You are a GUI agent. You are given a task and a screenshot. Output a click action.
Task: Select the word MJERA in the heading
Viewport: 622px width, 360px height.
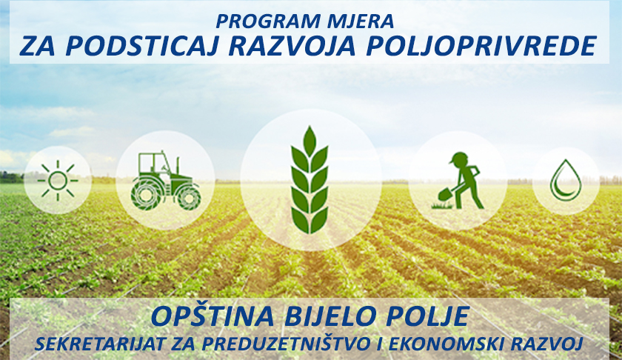tap(367, 21)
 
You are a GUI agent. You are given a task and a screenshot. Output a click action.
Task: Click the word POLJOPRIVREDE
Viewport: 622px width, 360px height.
tap(481, 46)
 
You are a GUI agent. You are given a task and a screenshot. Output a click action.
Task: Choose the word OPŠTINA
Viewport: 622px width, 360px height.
tap(213, 316)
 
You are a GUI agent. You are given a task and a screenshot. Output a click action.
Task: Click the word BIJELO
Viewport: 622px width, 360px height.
tap(330, 316)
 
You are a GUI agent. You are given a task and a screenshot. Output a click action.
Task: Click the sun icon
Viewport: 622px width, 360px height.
tap(58, 181)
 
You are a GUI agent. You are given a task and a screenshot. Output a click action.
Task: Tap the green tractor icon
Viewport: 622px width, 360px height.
tap(166, 181)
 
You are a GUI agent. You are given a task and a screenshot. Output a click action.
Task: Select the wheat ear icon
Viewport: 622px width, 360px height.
tap(310, 179)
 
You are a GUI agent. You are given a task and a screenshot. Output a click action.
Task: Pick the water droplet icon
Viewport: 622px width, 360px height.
tap(566, 180)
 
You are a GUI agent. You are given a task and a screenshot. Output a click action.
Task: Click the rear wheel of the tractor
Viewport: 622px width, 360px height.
tap(146, 196)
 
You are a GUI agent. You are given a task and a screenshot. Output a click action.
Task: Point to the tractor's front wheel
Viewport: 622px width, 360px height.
tap(190, 199)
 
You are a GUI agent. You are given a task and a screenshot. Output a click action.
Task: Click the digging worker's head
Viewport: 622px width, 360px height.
tap(459, 159)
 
